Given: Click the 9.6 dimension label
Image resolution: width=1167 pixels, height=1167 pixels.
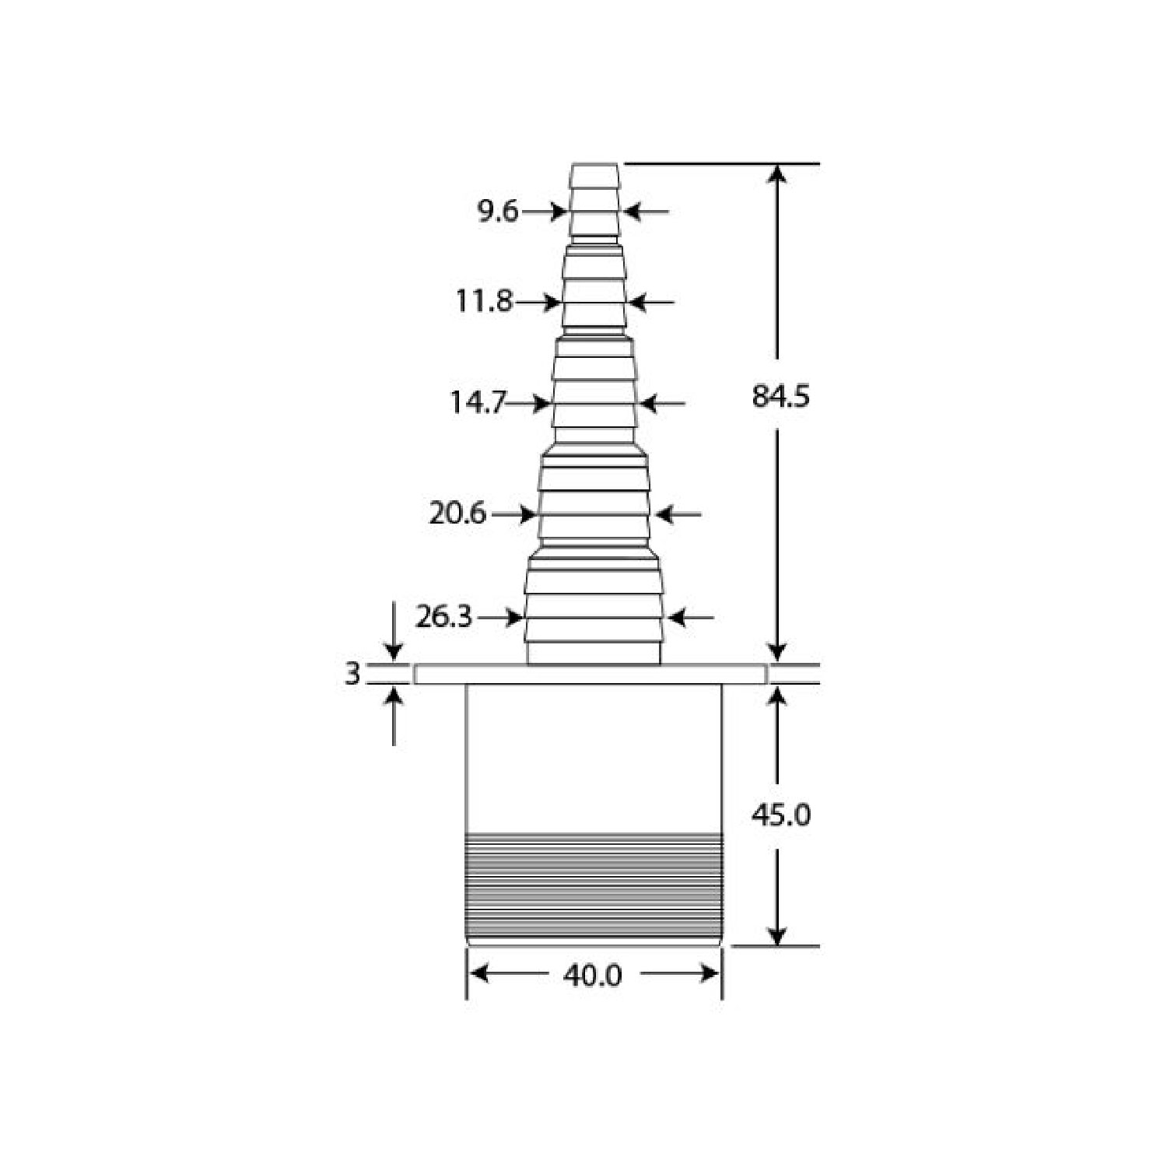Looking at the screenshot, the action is tap(498, 211).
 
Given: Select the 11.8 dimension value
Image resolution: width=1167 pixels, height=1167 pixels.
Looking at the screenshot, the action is tap(484, 301).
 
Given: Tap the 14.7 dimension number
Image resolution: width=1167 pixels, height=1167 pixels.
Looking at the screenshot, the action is tap(478, 403).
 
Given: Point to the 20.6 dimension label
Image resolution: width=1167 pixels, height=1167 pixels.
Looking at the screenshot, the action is tap(457, 513).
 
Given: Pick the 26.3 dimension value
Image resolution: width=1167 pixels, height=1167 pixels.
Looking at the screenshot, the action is tap(443, 617).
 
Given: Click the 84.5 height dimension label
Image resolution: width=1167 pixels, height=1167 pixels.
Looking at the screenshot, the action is tap(780, 397).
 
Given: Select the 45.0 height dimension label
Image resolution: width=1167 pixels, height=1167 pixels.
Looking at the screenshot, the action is tap(780, 815).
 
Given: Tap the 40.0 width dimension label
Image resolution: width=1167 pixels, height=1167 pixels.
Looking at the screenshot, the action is tap(593, 976).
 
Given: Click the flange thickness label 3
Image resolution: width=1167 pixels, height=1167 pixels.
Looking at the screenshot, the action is tap(352, 674).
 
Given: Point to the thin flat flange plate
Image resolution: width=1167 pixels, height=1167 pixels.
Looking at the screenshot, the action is tap(590, 675).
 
